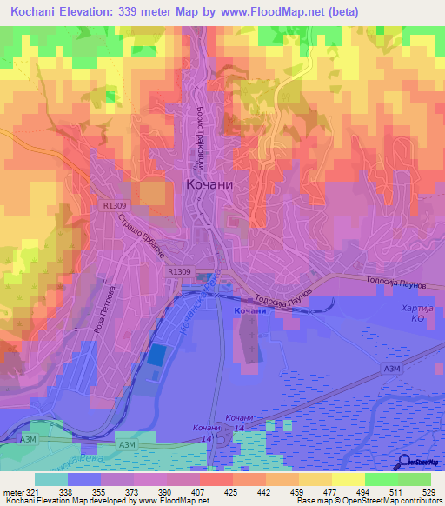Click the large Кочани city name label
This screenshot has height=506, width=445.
point(212,184)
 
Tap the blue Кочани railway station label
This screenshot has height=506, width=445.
point(249,310)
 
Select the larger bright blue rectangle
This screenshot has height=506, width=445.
point(157,355)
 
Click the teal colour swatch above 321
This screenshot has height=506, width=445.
point(51,479)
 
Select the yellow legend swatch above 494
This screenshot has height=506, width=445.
point(348,479)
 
